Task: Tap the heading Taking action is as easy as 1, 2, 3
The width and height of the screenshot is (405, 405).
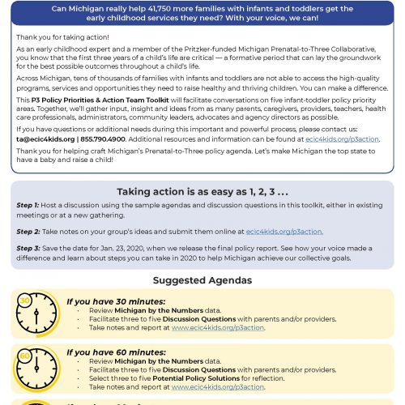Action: pyautogui.click(x=202, y=191)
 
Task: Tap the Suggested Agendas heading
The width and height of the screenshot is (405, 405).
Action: pyautogui.click(x=202, y=280)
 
